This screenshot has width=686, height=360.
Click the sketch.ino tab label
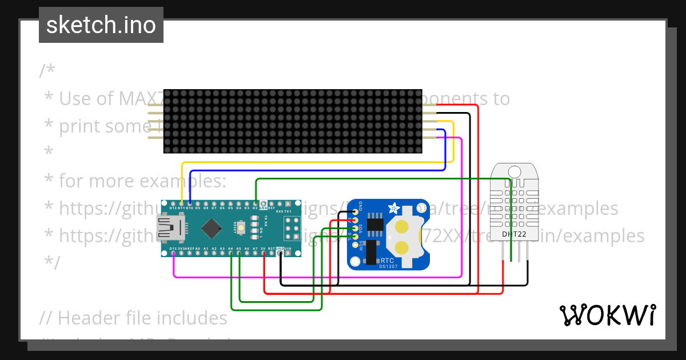click(x=101, y=25)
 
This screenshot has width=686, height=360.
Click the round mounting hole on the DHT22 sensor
click(x=514, y=171)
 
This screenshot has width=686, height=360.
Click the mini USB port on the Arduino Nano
click(x=167, y=229)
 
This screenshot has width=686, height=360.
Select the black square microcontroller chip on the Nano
click(x=212, y=229)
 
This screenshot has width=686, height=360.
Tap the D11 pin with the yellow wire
click(x=181, y=204)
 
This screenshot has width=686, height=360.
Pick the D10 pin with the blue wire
click(x=190, y=204)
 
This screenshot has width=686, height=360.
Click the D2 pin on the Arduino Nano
click(x=256, y=204)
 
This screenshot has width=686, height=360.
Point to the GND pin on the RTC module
click(x=355, y=211)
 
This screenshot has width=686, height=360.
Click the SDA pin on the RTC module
click(x=355, y=228)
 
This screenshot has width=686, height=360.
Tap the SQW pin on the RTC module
click(x=355, y=245)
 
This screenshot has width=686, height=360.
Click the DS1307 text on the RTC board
click(x=388, y=266)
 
